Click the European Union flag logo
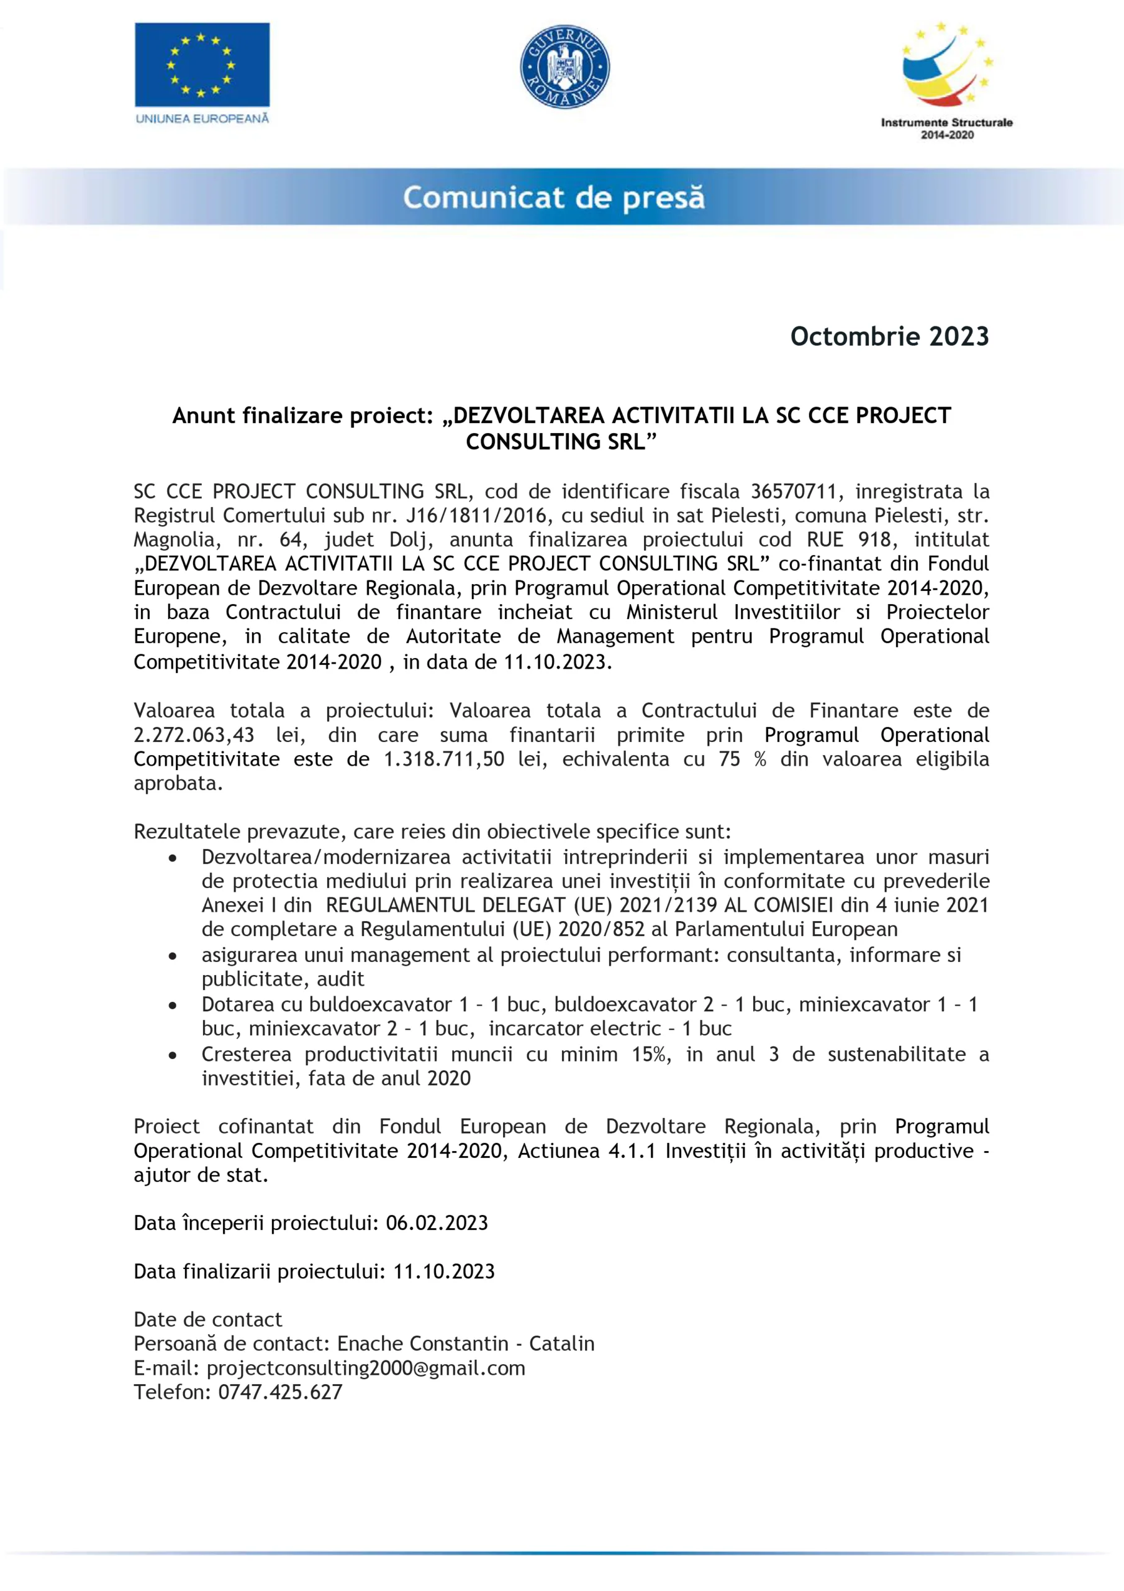[202, 73]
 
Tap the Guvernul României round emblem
[564, 67]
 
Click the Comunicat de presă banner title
[553, 198]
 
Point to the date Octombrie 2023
[889, 337]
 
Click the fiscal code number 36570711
[794, 492]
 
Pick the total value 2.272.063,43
[194, 735]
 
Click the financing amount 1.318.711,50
[444, 759]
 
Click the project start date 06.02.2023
[437, 1223]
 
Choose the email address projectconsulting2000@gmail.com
[366, 1368]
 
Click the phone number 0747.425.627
[281, 1392]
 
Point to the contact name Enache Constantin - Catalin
[465, 1344]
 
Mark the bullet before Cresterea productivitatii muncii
[173, 1055]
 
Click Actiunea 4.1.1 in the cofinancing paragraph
[587, 1151]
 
